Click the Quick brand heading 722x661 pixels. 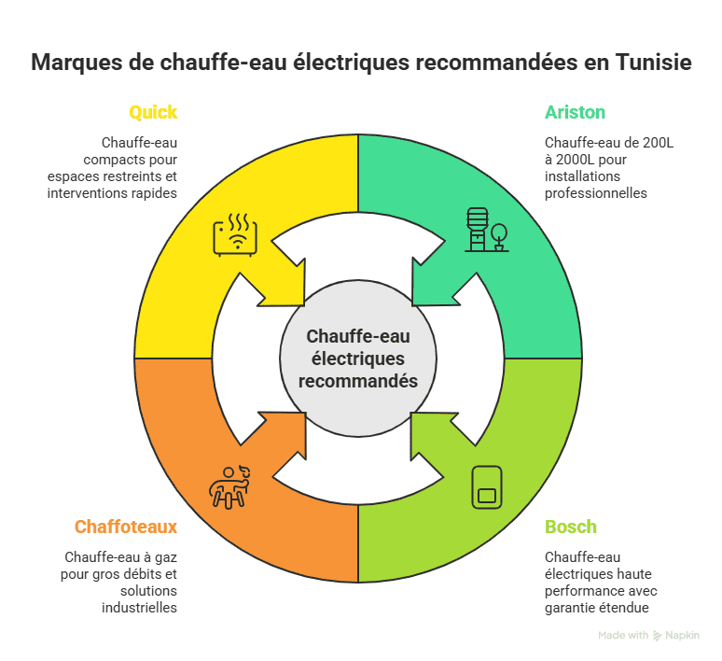(x=153, y=113)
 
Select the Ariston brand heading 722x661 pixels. (x=575, y=113)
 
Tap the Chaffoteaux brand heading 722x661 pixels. (x=126, y=527)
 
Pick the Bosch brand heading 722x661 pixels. (x=571, y=527)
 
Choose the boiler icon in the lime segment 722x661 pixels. (x=486, y=485)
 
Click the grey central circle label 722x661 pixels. (x=358, y=359)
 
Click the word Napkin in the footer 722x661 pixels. (x=682, y=636)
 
